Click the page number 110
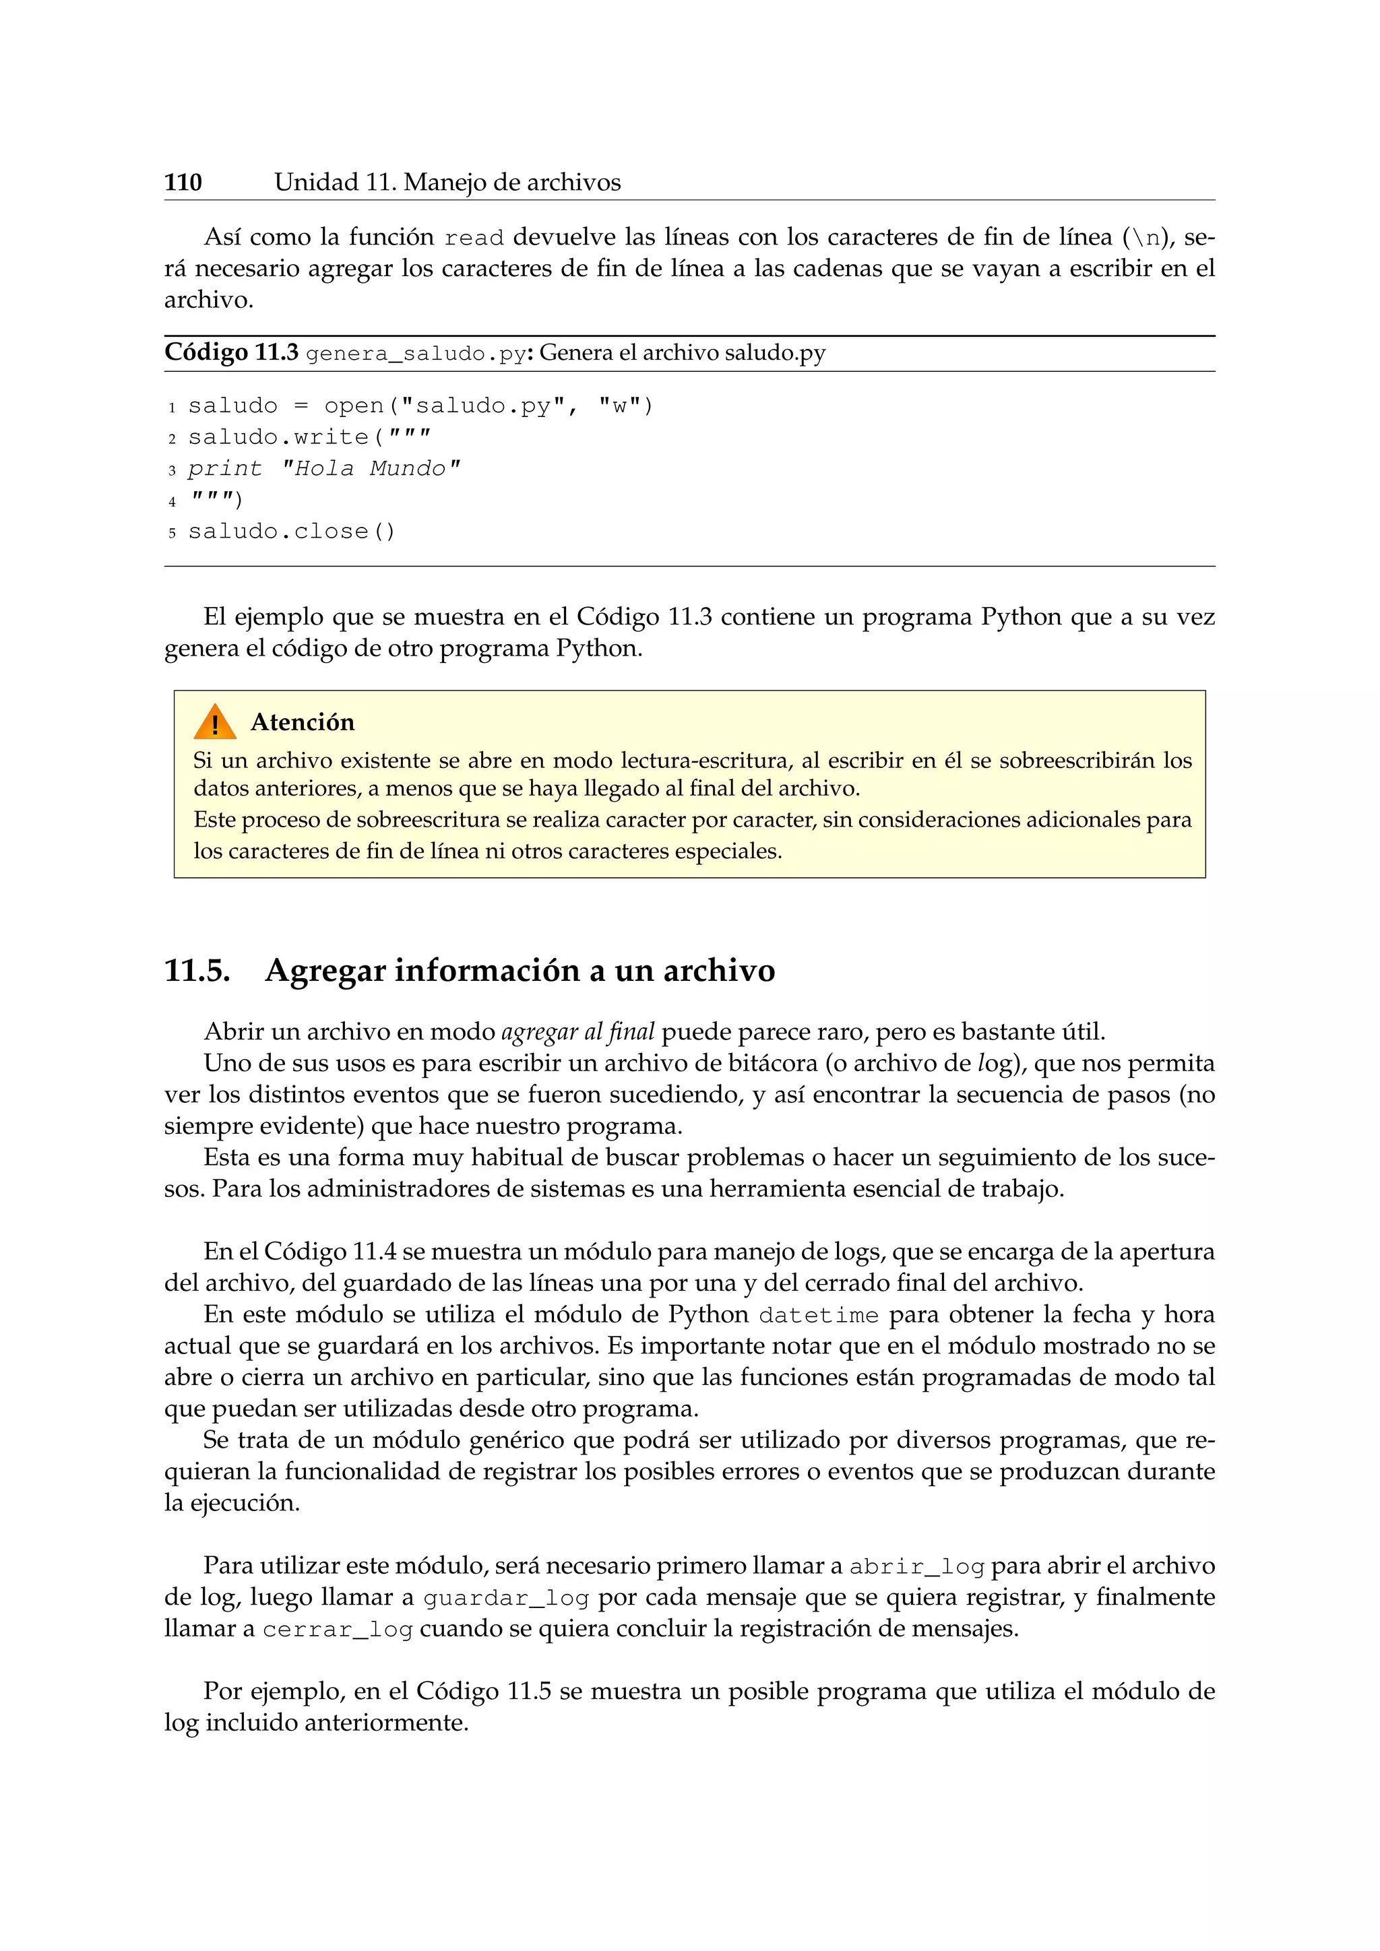coord(183,183)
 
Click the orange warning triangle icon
coord(214,722)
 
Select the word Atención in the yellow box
coord(303,722)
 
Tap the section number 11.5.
coord(197,970)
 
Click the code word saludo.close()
coord(292,532)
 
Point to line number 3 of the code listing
coord(172,470)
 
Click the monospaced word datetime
coord(818,1316)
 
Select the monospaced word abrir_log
coord(917,1567)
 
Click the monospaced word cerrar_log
coord(338,1630)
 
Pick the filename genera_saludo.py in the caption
coord(416,354)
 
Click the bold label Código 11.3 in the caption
coord(231,352)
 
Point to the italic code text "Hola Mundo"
coord(371,469)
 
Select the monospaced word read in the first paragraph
coord(474,238)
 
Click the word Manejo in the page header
coord(445,183)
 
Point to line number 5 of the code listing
coord(172,533)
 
